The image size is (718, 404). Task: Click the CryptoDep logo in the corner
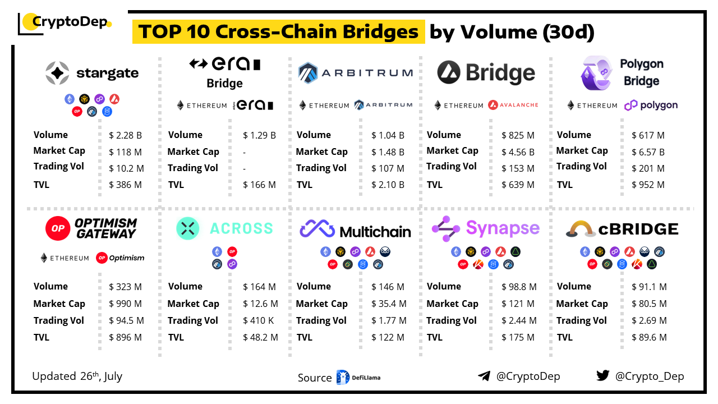click(65, 23)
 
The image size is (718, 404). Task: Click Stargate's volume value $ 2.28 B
click(126, 135)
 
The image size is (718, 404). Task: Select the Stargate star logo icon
click(57, 73)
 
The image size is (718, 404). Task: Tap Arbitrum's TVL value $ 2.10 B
click(388, 185)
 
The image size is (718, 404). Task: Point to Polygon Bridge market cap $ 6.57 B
click(648, 151)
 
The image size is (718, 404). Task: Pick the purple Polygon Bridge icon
click(596, 73)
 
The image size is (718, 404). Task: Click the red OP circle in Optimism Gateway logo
click(58, 228)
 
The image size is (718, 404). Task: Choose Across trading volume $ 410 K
click(259, 320)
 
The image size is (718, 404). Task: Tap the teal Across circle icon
click(188, 228)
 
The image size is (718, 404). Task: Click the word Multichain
click(375, 231)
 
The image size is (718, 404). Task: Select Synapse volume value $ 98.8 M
click(519, 287)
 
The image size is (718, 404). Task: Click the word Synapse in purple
click(503, 228)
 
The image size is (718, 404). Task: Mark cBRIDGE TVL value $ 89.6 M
click(649, 337)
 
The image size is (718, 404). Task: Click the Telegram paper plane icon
click(484, 376)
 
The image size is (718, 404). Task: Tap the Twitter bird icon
click(602, 376)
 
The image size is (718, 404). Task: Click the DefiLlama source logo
click(358, 378)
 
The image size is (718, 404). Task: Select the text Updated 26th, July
click(77, 376)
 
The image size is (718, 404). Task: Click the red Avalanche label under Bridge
click(513, 105)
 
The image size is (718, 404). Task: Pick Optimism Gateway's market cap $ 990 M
click(126, 304)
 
